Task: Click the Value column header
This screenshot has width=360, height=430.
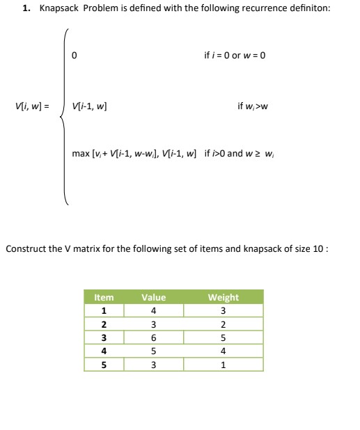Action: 153,297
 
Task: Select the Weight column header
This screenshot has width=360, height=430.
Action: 223,297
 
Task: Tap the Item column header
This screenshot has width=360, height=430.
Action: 104,297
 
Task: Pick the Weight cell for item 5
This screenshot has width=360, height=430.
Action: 223,365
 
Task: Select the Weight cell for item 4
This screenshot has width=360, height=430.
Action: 223,352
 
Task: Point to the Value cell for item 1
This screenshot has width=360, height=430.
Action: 153,310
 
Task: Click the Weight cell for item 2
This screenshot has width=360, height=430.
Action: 223,325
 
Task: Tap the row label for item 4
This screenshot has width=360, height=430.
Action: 104,352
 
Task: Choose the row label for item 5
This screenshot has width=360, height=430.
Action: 104,365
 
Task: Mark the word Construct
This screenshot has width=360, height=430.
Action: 25,248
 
